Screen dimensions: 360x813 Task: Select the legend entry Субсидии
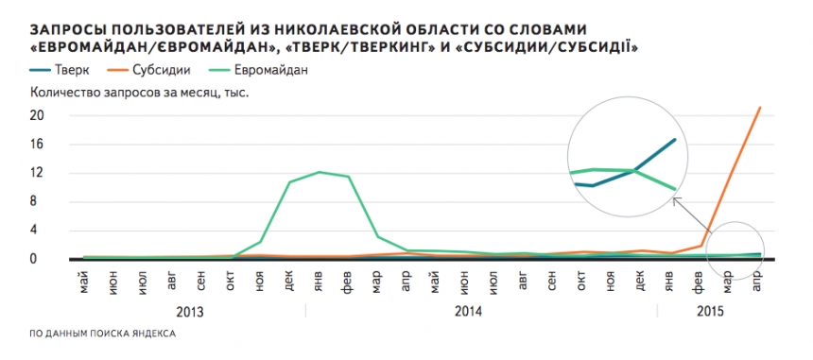tap(169, 69)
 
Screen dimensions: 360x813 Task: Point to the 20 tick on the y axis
tap(39, 115)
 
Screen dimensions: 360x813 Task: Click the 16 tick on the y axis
tap(39, 145)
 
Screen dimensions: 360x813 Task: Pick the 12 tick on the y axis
tap(39, 173)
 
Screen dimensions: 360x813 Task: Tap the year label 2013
tap(189, 310)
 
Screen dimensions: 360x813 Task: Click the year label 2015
tap(709, 310)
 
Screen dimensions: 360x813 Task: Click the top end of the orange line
tap(760, 108)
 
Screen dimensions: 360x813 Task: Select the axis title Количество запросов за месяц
tap(132, 93)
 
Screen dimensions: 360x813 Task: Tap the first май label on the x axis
tap(85, 281)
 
